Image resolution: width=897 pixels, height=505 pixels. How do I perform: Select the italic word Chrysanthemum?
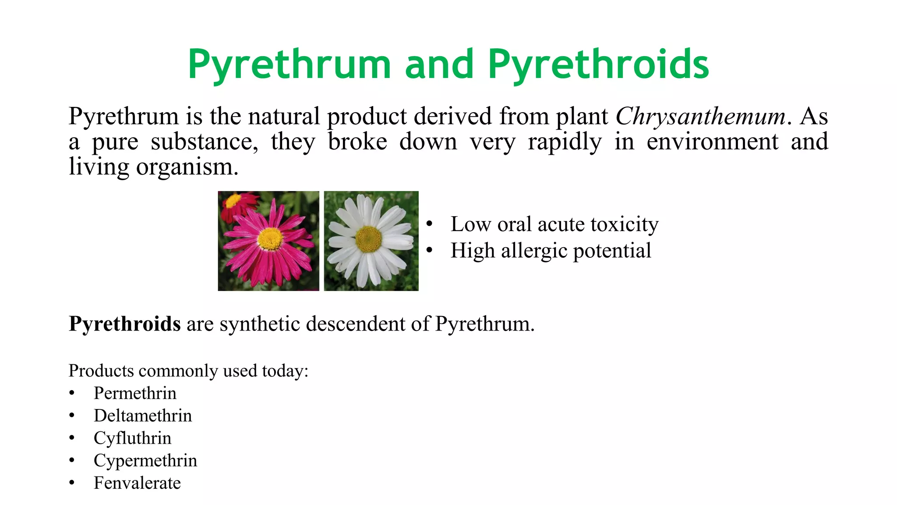coord(701,117)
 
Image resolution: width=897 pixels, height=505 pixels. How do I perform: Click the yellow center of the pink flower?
coord(270,238)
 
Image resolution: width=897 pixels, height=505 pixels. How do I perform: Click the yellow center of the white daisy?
coord(368,239)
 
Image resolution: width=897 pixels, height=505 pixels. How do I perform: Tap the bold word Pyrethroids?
coord(124,324)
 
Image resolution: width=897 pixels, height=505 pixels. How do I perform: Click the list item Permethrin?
coord(135,393)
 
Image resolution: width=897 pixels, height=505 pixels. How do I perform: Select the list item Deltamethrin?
coord(143,416)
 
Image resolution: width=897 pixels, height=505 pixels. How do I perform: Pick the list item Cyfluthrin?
coord(132,438)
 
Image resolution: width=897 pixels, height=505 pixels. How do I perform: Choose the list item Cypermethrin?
coord(145,460)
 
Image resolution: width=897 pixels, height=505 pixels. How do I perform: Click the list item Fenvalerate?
coord(137,483)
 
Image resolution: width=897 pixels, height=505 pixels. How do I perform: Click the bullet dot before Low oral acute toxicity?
coord(430,224)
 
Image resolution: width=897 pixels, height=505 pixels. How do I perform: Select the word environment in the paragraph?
coord(713,142)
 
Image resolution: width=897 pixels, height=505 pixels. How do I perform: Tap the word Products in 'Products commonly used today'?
coord(101,371)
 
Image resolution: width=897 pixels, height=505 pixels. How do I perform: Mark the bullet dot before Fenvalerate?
coord(72,483)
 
